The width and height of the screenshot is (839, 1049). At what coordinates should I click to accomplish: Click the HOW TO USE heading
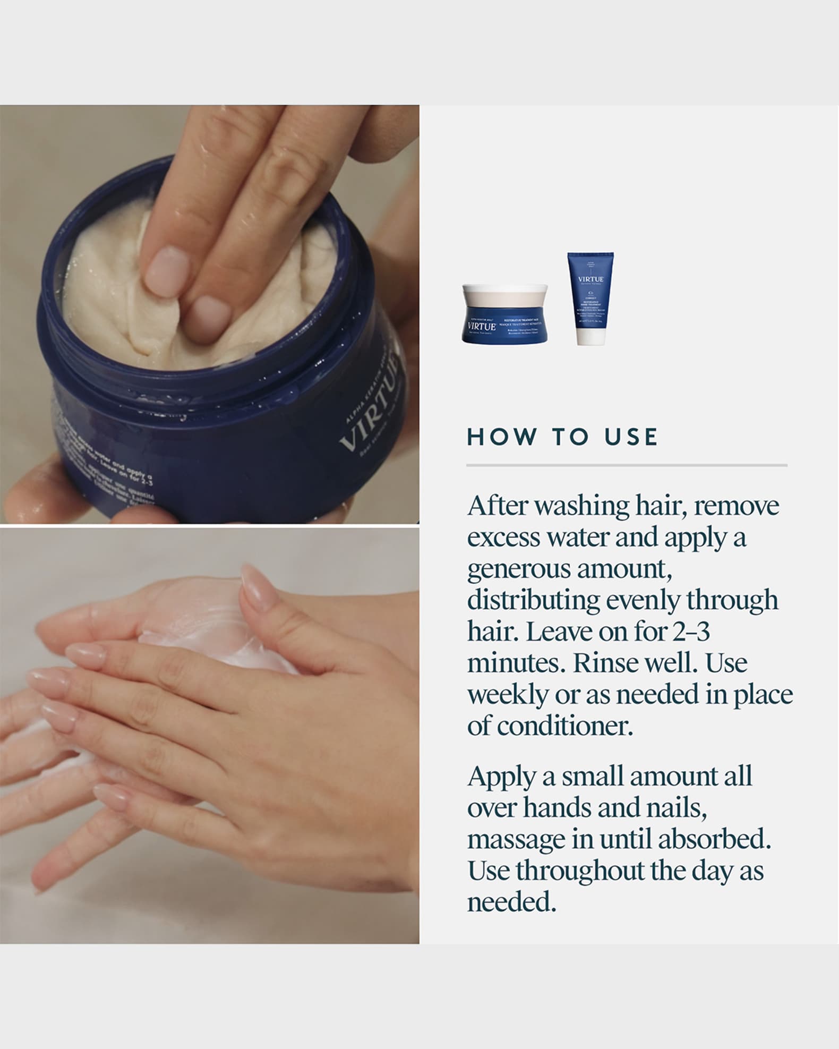click(x=562, y=437)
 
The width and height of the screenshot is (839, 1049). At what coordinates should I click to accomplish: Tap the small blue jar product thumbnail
click(x=504, y=314)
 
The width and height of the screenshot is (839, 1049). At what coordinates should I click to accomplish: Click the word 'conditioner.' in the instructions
click(x=550, y=725)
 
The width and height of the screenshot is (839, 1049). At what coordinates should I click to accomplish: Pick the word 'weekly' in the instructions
click(x=507, y=695)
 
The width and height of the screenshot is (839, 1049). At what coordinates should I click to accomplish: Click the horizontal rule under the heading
click(x=627, y=465)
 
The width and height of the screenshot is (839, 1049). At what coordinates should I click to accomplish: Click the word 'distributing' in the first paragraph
click(x=533, y=600)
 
